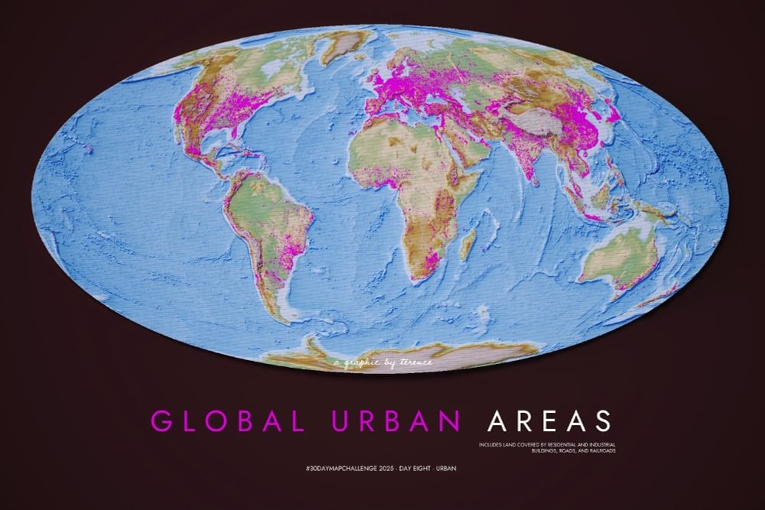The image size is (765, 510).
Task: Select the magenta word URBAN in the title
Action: pos(397,421)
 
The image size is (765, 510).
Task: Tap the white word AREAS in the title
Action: pos(550,421)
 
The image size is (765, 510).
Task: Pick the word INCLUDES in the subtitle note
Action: pos(491,444)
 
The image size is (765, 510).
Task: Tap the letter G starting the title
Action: pos(159,421)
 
